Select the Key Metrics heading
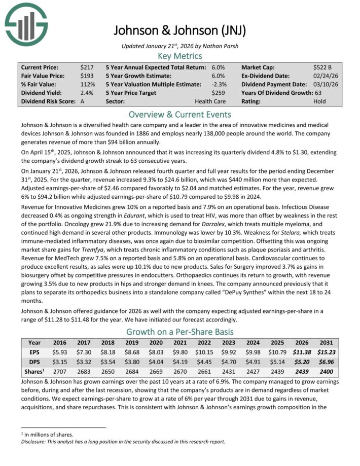(x=179, y=56)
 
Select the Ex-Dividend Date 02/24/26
(x=326, y=76)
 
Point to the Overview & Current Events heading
(x=179, y=114)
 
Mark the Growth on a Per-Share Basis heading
(x=179, y=332)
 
